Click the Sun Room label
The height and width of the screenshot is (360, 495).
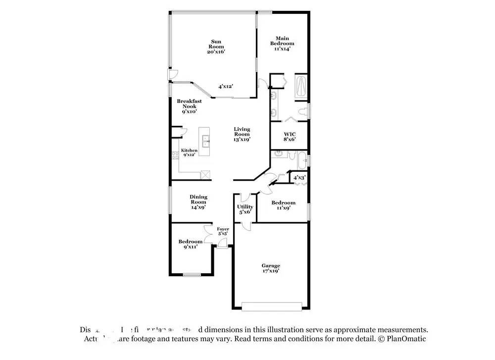(216, 47)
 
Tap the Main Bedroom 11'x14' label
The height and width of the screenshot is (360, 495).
(282, 44)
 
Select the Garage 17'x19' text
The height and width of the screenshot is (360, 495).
(271, 268)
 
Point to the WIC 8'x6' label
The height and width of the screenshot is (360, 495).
(289, 137)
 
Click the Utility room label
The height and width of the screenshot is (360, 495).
(245, 209)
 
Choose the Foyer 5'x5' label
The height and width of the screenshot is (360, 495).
(223, 231)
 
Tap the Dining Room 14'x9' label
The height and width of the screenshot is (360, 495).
(198, 202)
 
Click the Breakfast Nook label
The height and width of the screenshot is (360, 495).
(189, 106)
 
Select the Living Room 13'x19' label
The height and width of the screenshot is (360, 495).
(242, 134)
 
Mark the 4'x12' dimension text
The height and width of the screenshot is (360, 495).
(226, 86)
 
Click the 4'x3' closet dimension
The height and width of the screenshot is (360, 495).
(299, 177)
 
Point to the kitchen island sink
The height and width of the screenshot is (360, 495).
(205, 141)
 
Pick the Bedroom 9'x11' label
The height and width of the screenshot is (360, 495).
(190, 244)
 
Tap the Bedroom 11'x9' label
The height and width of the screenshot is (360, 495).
(283, 205)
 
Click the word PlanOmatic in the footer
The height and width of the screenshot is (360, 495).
(404, 339)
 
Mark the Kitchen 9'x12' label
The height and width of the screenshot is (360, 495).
(189, 153)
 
